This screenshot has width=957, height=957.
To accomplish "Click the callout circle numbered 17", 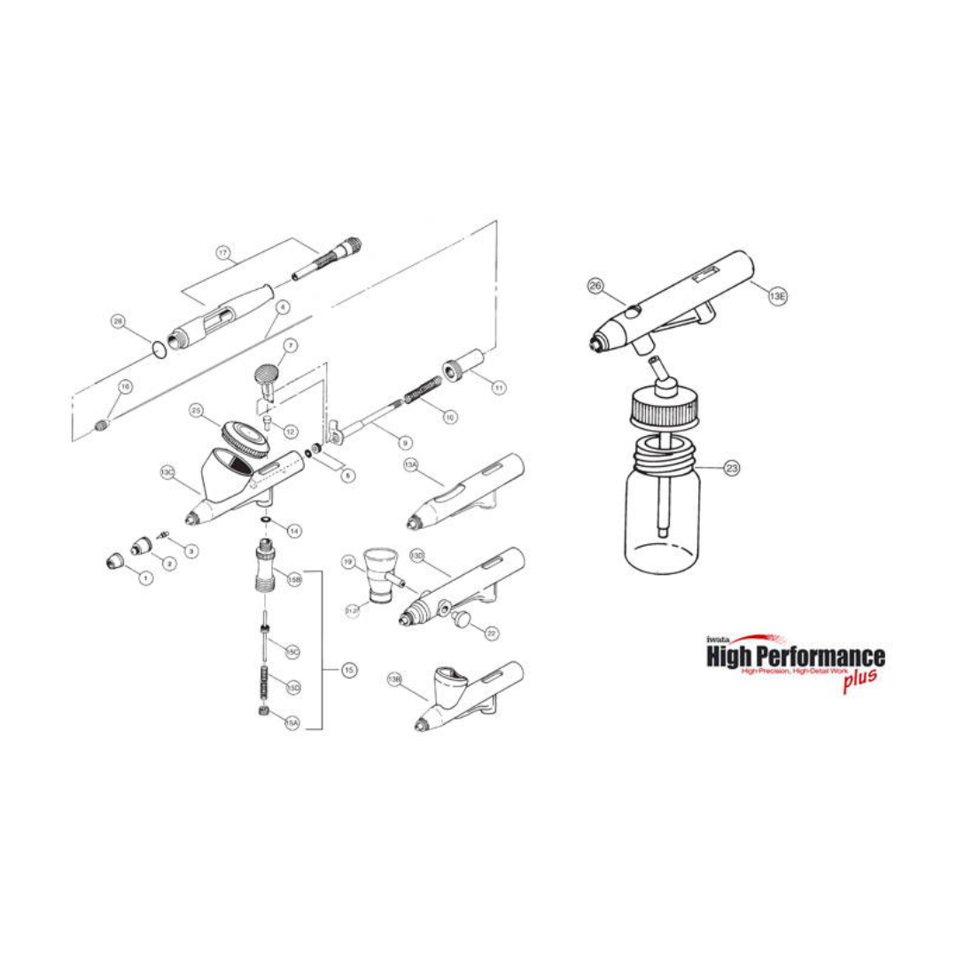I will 223,253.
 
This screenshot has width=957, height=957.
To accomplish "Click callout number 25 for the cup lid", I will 197,410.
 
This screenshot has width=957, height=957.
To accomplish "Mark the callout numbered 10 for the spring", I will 450,416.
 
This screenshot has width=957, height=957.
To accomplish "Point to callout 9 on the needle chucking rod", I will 405,442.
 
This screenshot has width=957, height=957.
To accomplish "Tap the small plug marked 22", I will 462,618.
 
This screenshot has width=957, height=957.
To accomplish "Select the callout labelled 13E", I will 777,297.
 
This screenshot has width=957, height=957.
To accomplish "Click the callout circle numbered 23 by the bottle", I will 732,469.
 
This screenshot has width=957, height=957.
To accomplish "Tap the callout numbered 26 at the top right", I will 595,285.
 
